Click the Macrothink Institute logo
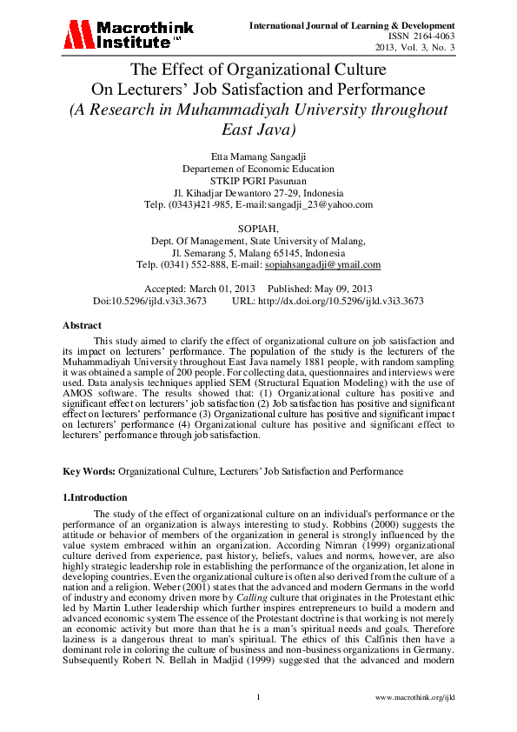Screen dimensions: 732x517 [x=123, y=34]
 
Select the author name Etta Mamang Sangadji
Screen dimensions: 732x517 [x=259, y=156]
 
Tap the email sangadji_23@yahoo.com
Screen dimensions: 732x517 [x=325, y=204]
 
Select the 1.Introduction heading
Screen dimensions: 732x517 [x=96, y=497]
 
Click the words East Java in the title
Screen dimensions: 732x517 [x=259, y=130]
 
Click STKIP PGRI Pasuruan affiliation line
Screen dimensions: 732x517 [x=258, y=180]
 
